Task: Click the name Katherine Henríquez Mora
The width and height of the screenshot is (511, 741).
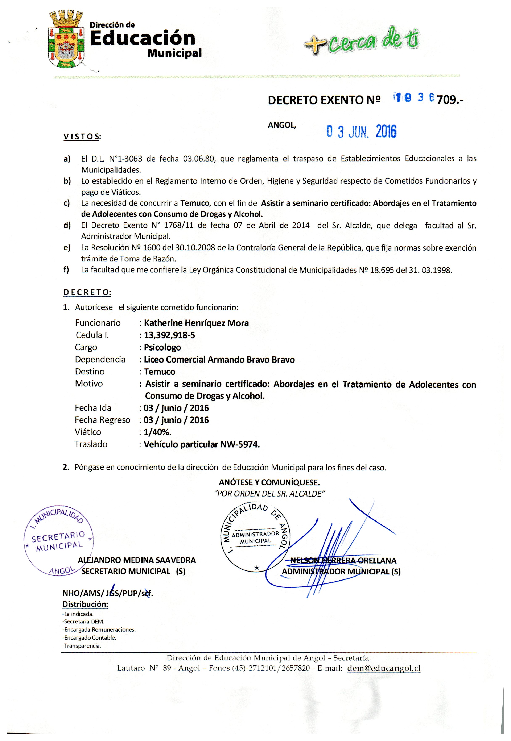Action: [x=196, y=323]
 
